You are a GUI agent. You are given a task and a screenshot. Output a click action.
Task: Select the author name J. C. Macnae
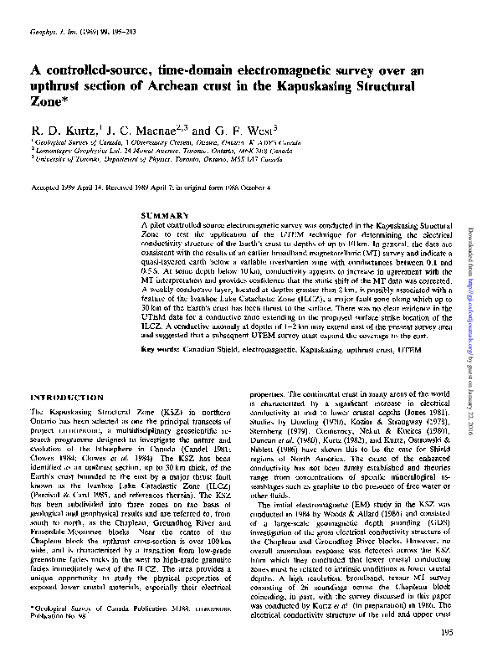coord(145,131)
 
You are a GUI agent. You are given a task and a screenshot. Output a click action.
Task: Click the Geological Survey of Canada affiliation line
coord(150,143)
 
